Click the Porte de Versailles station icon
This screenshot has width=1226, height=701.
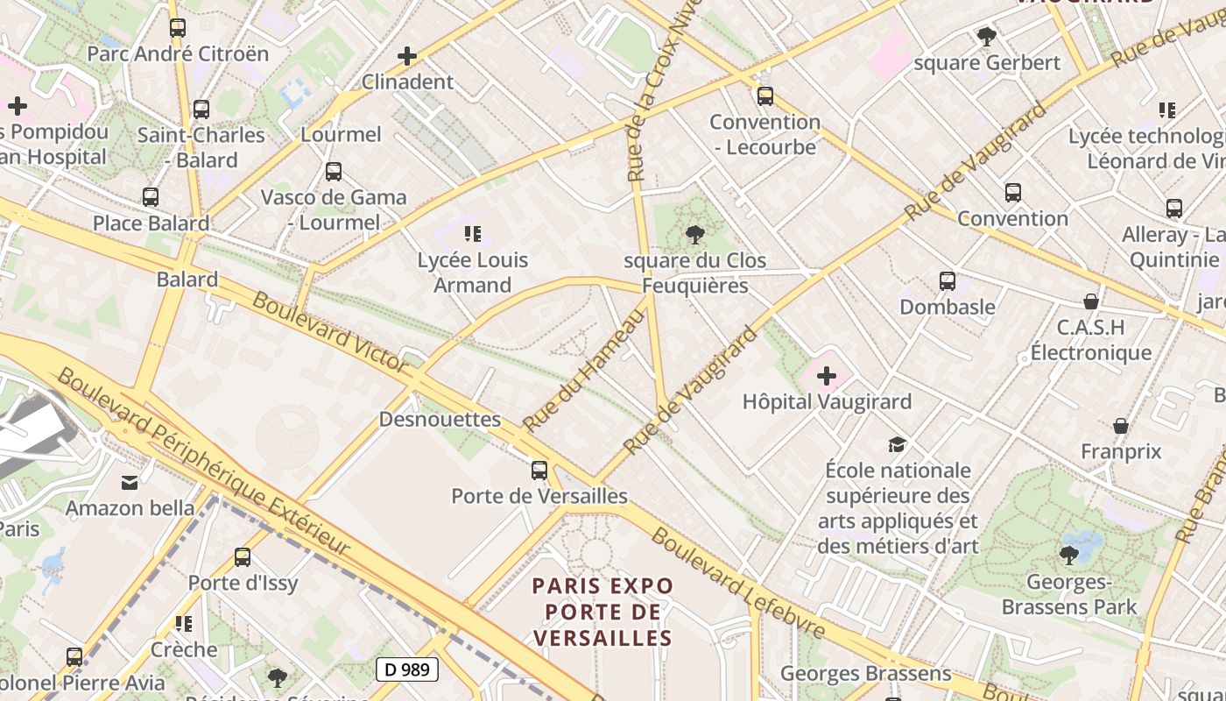pos(539,471)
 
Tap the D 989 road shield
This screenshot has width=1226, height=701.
pos(407,669)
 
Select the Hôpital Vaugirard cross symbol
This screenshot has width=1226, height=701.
pos(826,377)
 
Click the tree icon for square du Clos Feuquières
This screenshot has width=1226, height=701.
pos(695,235)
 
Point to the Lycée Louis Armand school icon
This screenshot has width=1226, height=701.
pos(473,234)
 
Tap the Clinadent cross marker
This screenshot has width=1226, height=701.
pos(407,57)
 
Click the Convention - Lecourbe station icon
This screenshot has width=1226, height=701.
pos(765,96)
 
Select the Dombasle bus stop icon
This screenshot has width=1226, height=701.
pos(948,281)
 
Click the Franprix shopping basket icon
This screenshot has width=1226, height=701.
pos(1121,427)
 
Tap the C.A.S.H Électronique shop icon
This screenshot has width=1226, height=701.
pos(1090,302)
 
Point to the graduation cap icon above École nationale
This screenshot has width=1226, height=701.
pos(897,444)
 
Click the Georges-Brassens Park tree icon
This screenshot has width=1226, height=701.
pos(1068,555)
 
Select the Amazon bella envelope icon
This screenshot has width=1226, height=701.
pos(130,482)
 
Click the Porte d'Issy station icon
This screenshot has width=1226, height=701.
pos(243,557)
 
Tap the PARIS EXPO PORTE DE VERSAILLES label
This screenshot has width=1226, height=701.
pos(603,612)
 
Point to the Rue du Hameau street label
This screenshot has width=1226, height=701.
pos(583,371)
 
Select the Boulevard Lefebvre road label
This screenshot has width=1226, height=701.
pos(737,582)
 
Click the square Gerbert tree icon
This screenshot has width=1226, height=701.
pos(987,37)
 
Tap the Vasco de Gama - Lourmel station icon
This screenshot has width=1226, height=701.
pos(334,172)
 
